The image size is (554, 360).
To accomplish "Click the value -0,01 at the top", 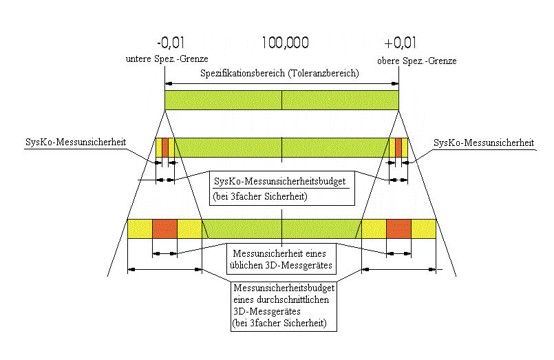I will point(169,43).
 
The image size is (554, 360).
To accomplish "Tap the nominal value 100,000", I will point(285,43).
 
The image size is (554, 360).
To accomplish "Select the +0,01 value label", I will point(401,43).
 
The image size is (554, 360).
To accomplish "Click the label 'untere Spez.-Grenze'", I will point(167,59).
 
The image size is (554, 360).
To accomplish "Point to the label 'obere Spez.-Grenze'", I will point(416,61).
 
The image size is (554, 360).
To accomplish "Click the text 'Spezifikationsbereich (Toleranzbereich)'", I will point(279,74).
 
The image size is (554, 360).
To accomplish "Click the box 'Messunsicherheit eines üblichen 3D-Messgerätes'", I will point(284,258).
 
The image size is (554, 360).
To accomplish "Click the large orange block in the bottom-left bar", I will point(164,229).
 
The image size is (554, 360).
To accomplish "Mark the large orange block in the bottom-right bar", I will point(398,229).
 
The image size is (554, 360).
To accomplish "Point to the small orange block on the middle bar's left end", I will point(164,147).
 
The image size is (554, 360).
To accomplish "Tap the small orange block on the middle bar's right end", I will point(398,147).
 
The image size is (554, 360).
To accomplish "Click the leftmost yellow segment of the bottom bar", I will point(140,229).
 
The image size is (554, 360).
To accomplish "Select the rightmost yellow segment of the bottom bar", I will point(423,229).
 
